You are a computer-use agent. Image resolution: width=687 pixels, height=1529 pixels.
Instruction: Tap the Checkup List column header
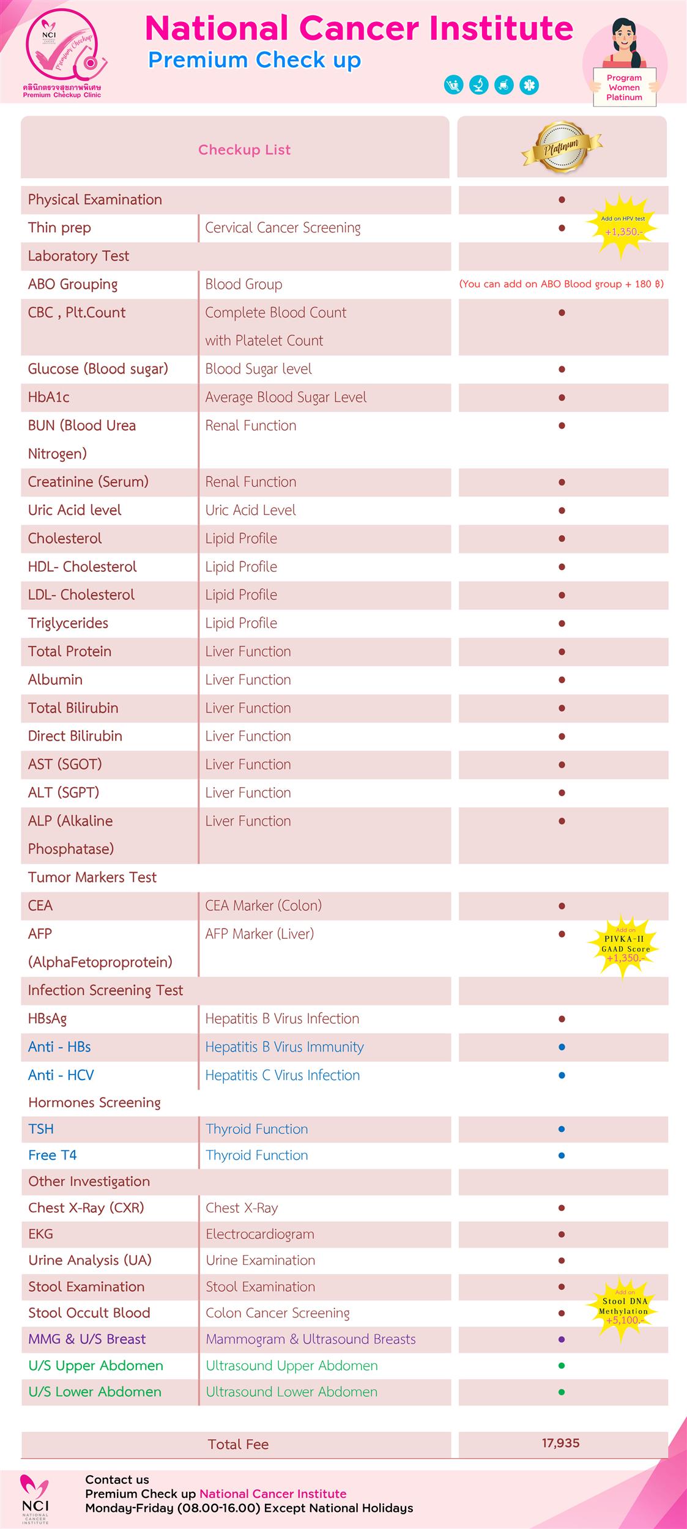point(244,150)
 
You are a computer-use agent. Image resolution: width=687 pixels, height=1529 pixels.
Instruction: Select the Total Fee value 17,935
point(560,1443)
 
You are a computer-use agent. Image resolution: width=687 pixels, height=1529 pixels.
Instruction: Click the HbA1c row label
point(49,397)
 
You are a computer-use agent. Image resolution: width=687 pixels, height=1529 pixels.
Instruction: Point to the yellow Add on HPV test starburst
point(622,226)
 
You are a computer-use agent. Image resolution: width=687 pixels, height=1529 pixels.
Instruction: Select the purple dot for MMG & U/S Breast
point(562,1339)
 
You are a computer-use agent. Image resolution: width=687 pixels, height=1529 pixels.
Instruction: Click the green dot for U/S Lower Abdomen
point(562,1392)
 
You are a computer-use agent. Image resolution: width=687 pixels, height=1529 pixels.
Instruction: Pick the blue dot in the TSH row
point(562,1129)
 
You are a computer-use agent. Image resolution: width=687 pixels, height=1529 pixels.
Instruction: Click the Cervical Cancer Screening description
point(283,228)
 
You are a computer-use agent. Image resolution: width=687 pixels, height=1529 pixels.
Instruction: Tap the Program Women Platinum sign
point(624,87)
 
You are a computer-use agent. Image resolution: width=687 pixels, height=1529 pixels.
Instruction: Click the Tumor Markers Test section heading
point(92,877)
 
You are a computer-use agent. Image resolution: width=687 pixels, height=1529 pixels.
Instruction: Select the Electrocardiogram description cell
point(260,1234)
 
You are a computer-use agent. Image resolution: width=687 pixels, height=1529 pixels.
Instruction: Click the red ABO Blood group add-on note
point(561,284)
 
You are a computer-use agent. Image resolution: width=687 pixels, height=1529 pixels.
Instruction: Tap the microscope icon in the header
point(479,85)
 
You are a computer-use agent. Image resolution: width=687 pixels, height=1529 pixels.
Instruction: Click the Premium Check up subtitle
point(254,60)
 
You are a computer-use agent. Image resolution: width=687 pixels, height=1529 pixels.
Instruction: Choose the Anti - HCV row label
point(61,1075)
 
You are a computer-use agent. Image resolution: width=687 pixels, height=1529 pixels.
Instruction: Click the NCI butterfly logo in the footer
point(35,1497)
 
